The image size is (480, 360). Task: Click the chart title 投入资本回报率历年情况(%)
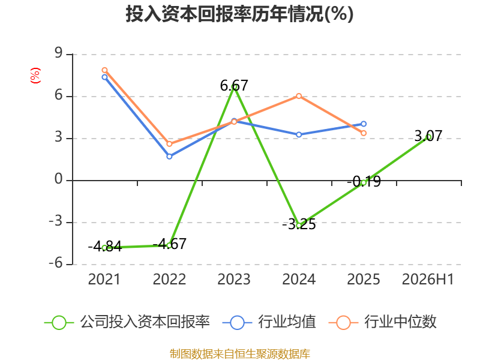[x=239, y=14]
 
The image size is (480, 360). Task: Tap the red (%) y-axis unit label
[x=35, y=76]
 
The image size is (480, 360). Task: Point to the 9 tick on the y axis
[x=58, y=53]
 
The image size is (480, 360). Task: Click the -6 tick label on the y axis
[x=56, y=263]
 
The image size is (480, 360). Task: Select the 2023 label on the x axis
[x=234, y=279]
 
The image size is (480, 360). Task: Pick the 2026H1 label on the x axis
[x=428, y=279]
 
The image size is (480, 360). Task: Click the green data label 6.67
[x=234, y=85]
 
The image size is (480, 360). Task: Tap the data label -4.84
[x=105, y=246]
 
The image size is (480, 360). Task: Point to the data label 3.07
[x=428, y=136]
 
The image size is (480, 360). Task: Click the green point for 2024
[x=299, y=226]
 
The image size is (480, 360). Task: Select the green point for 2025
[x=364, y=183]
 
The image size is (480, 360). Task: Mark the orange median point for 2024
[x=299, y=96]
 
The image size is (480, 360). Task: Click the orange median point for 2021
[x=104, y=70]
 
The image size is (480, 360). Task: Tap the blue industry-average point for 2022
[x=169, y=157]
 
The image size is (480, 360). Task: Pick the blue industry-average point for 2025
[x=364, y=124]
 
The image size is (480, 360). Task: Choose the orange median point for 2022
[x=169, y=144]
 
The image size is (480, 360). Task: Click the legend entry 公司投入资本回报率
[x=127, y=322]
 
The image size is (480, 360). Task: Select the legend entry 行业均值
[x=269, y=322]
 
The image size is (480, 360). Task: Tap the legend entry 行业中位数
[x=382, y=322]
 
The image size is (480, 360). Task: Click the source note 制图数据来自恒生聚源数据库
[x=239, y=353]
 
